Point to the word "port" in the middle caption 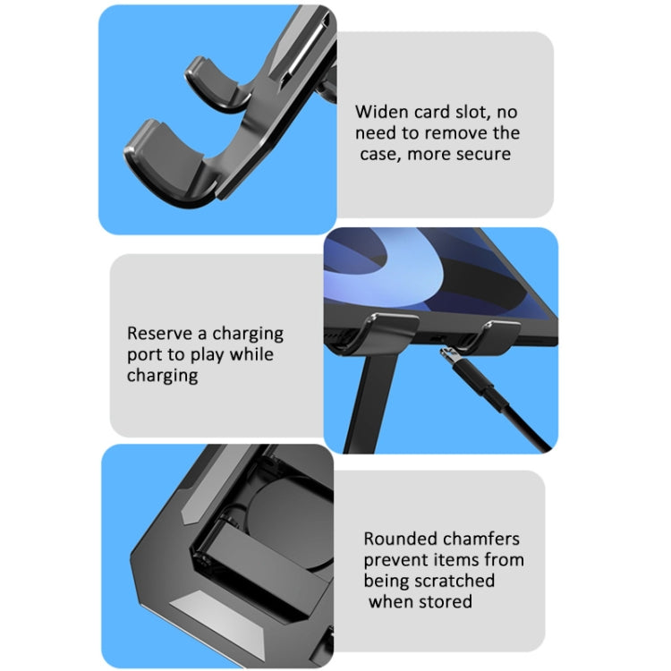(x=144, y=354)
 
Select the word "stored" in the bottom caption (x=444, y=602)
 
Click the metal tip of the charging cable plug (x=448, y=358)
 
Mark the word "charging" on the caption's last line (x=162, y=376)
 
